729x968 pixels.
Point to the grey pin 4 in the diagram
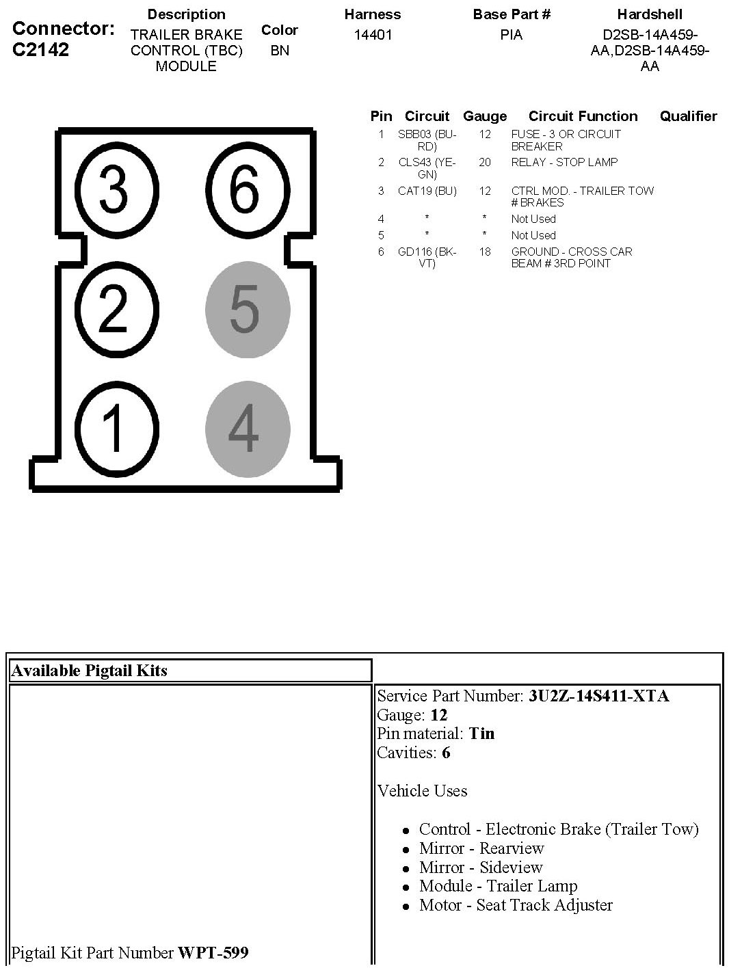point(247,429)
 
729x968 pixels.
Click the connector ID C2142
point(40,49)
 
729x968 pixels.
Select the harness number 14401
point(373,34)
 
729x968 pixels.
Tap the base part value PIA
point(511,34)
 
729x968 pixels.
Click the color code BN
point(280,50)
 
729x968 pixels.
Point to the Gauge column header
point(485,116)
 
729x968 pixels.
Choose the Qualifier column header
point(688,116)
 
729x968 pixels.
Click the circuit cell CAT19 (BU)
point(427,191)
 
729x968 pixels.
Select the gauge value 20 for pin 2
point(485,162)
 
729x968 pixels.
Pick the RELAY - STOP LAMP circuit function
point(564,162)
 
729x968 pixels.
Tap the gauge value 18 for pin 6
point(485,252)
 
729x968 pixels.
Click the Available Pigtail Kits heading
point(90,671)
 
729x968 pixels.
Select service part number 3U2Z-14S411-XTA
point(598,696)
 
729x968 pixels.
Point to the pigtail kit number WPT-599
point(213,952)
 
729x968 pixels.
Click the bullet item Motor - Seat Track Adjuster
point(516,905)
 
